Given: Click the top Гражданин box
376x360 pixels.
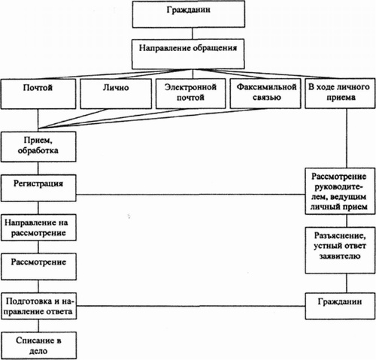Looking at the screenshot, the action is (x=189, y=14).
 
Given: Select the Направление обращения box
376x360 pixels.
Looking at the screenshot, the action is (x=188, y=54).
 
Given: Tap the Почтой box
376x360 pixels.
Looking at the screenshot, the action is (x=38, y=94).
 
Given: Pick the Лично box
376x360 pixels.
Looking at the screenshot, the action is (x=116, y=94).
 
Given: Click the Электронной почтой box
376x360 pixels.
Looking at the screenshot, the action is (x=190, y=94).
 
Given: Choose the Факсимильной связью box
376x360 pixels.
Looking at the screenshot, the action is (x=265, y=94).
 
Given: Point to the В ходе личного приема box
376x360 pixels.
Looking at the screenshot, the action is (x=340, y=93).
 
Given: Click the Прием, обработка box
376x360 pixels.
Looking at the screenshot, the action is (x=38, y=147).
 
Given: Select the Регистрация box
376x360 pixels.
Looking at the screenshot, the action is (x=38, y=188).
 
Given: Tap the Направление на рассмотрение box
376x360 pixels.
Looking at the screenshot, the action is (x=38, y=228).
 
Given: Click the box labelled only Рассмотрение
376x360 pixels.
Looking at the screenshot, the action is (x=38, y=267).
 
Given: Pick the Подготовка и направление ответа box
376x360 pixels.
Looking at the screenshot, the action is (x=38, y=306).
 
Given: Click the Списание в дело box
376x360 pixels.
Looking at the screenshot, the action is (x=38, y=346).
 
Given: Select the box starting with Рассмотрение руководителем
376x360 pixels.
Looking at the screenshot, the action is (x=340, y=191).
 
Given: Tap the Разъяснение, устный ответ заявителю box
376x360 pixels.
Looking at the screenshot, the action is (x=340, y=250).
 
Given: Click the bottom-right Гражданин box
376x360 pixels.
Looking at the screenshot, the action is (x=340, y=306).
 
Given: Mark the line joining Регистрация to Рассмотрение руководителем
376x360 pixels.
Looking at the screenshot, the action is (x=190, y=194).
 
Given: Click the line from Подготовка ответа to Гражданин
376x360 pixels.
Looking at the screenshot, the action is (x=191, y=306).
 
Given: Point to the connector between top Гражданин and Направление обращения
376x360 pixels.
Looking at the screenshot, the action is (x=193, y=33).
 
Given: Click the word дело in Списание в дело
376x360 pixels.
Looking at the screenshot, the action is (x=38, y=351).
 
